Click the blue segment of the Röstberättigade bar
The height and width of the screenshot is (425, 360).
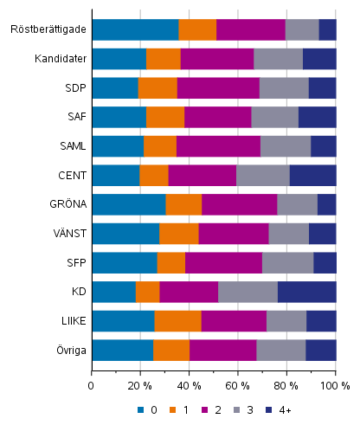point(135,29)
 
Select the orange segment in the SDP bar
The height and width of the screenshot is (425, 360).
point(157,87)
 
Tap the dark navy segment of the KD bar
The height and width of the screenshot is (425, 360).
point(306,292)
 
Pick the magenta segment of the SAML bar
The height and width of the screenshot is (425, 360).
point(218,146)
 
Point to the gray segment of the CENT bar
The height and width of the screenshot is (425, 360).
point(262,175)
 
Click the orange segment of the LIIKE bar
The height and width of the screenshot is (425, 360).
point(177,321)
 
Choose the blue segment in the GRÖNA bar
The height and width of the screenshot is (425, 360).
point(128,204)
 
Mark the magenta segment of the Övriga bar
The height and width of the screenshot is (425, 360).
point(222,350)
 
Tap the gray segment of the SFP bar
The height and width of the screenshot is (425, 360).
point(287,262)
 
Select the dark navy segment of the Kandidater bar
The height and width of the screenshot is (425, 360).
point(318,59)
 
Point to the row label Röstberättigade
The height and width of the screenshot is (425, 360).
point(48,29)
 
